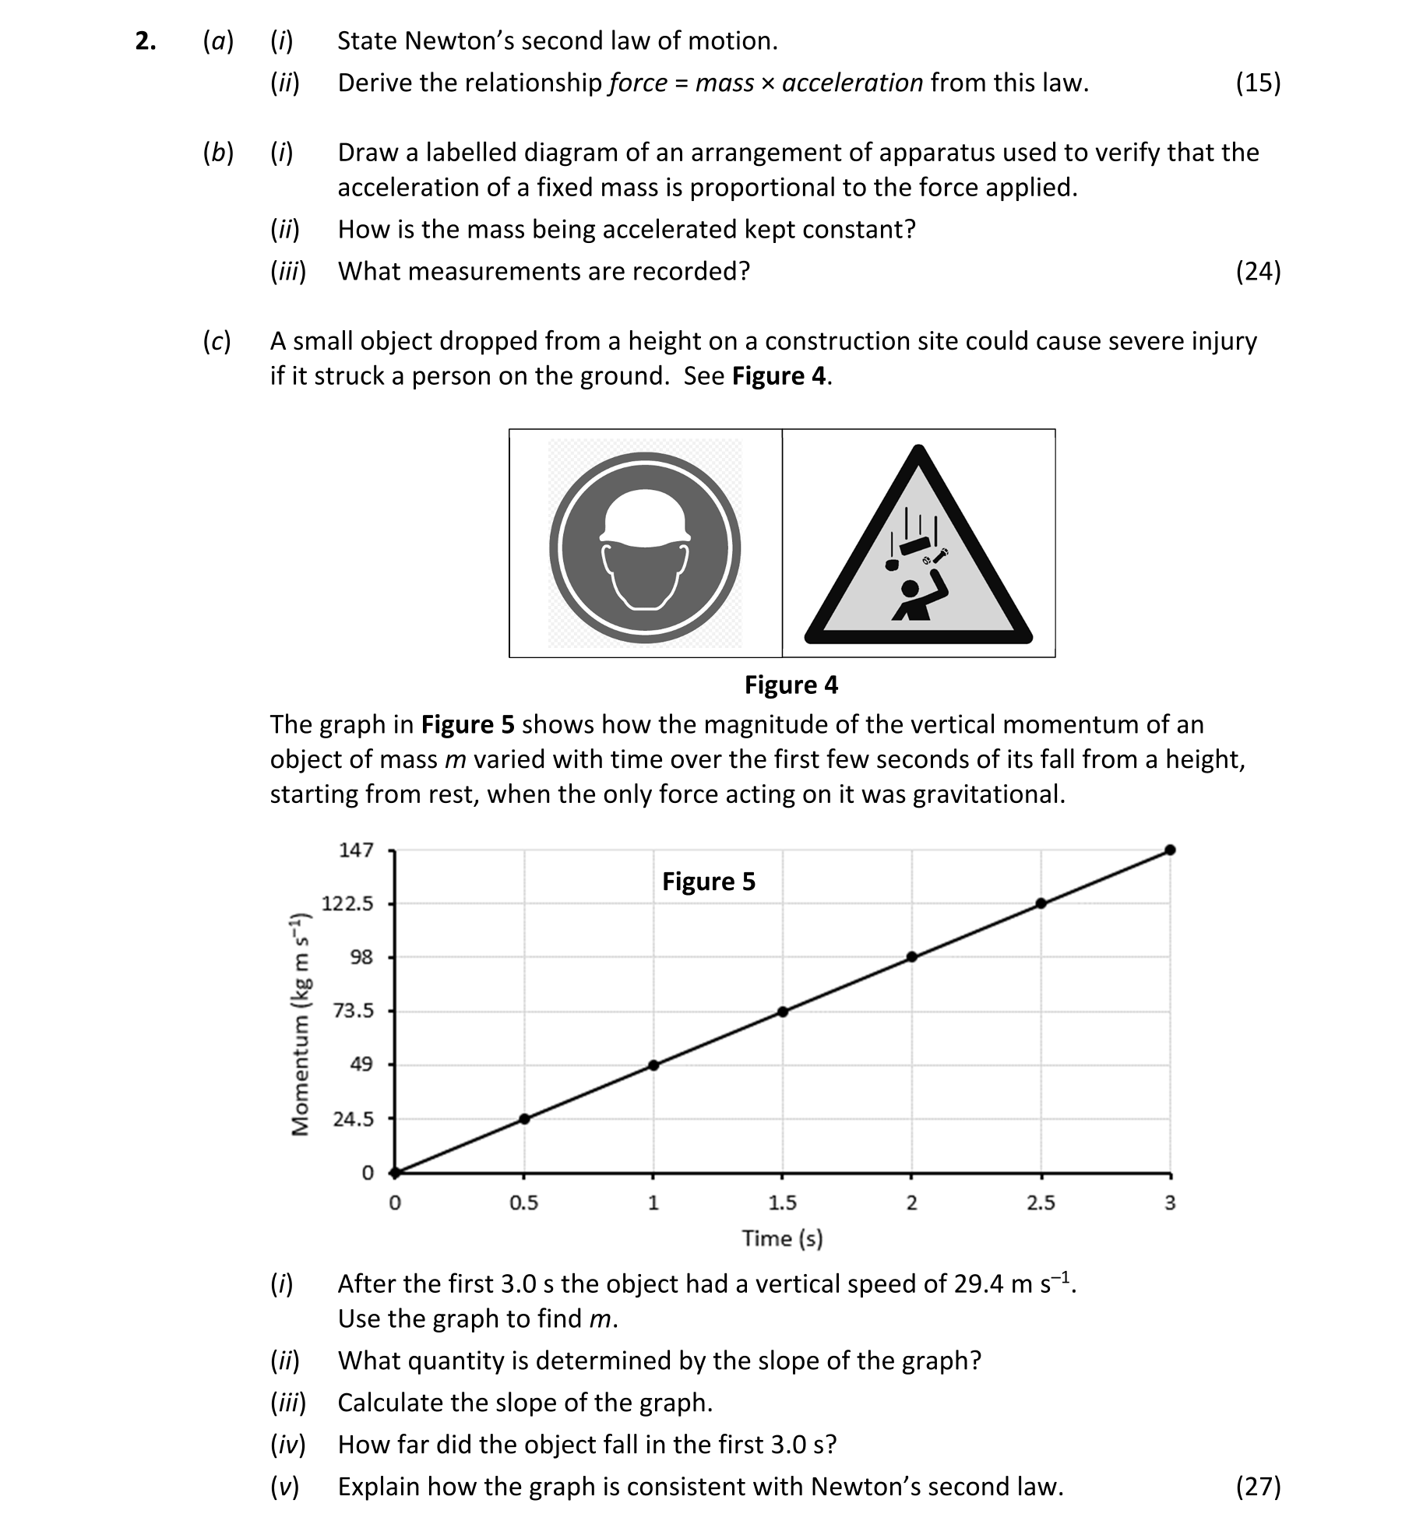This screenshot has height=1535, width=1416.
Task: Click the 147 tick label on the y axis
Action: coord(356,850)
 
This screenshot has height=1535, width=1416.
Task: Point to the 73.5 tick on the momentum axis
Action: coord(354,1011)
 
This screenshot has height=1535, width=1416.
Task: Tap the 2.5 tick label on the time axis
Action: coord(1041,1203)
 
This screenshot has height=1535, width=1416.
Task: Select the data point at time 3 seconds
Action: coord(1170,850)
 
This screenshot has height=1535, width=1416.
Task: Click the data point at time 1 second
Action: coord(653,1065)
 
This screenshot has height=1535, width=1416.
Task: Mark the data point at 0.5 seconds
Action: coord(524,1118)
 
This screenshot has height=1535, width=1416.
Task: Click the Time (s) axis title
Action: coord(782,1238)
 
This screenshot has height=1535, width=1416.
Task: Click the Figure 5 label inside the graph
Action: coord(708,882)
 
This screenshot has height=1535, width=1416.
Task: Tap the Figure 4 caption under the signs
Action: coord(791,685)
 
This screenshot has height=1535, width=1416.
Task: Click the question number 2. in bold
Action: coord(145,41)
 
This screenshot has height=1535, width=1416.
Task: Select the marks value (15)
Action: coord(1257,83)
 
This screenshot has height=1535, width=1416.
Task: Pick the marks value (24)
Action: coord(1257,271)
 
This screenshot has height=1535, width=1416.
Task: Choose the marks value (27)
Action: coord(1257,1486)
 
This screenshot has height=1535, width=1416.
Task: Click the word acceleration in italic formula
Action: coord(852,83)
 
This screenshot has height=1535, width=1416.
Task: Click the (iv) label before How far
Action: coord(287,1444)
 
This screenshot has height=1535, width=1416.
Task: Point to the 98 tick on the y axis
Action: coord(361,957)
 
